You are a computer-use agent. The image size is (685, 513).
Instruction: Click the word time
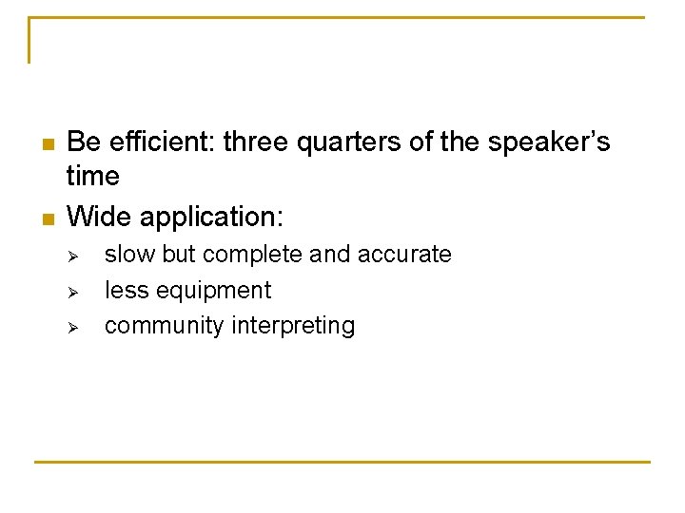click(x=93, y=177)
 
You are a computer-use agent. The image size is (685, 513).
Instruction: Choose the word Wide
click(x=100, y=217)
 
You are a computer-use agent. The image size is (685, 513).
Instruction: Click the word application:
click(x=211, y=218)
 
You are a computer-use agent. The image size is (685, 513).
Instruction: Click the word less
click(x=125, y=290)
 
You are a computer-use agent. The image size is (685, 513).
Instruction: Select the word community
click(x=165, y=326)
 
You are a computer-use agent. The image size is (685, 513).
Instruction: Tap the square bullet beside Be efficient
click(x=46, y=144)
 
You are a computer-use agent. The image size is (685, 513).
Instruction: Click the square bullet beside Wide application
click(x=46, y=218)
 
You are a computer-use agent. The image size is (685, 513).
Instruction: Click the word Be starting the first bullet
click(x=83, y=142)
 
